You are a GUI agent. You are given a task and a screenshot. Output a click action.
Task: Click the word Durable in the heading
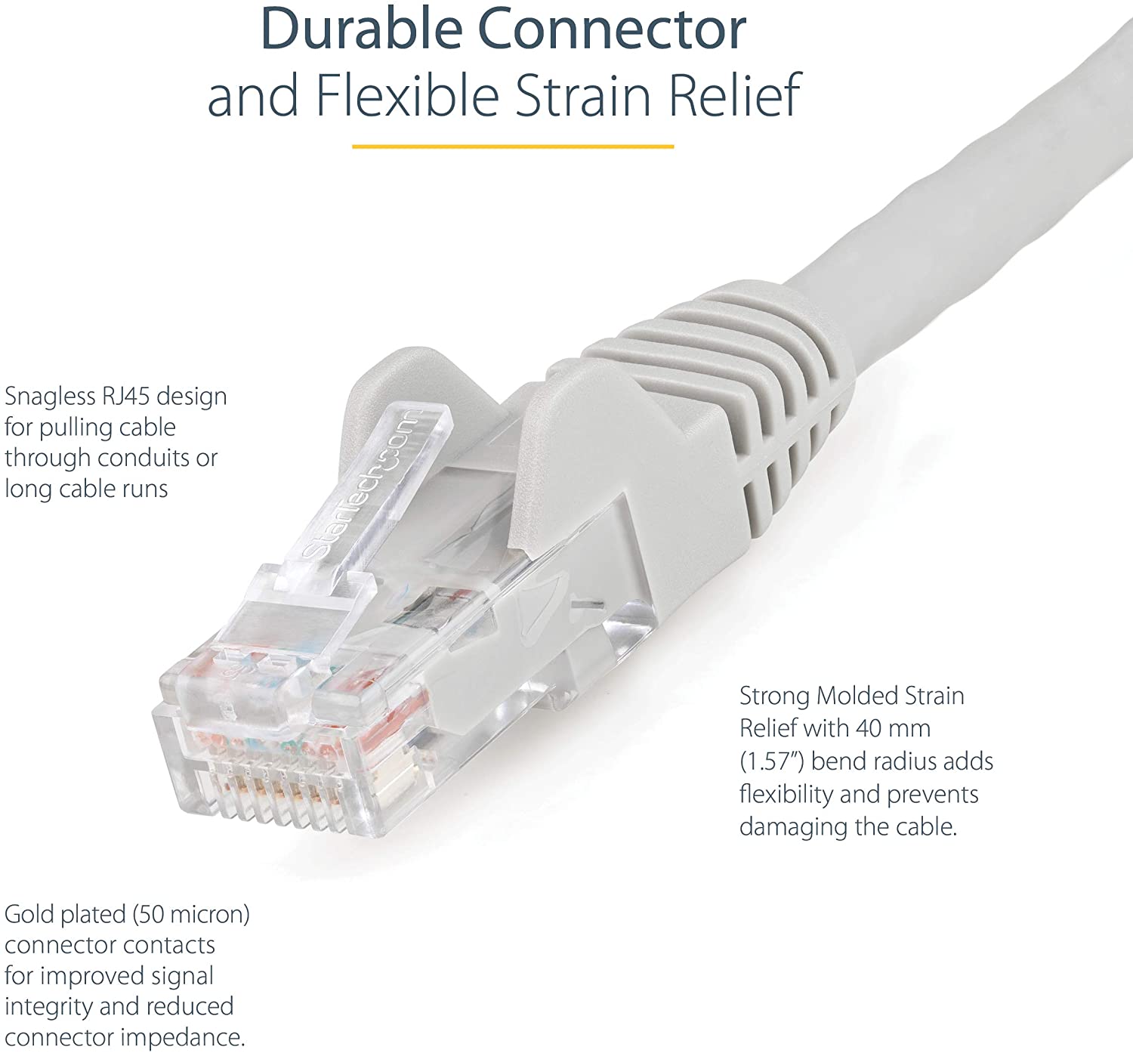pyautogui.click(x=361, y=29)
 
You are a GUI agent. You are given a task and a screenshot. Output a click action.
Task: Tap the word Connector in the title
pyautogui.click(x=612, y=29)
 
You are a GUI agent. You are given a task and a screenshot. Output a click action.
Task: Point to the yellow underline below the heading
pyautogui.click(x=513, y=147)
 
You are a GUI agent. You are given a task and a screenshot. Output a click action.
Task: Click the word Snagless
pyautogui.click(x=50, y=397)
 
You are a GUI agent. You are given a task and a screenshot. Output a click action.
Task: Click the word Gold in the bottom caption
pyautogui.click(x=29, y=914)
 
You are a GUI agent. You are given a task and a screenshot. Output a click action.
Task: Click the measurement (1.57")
pyautogui.click(x=772, y=762)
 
